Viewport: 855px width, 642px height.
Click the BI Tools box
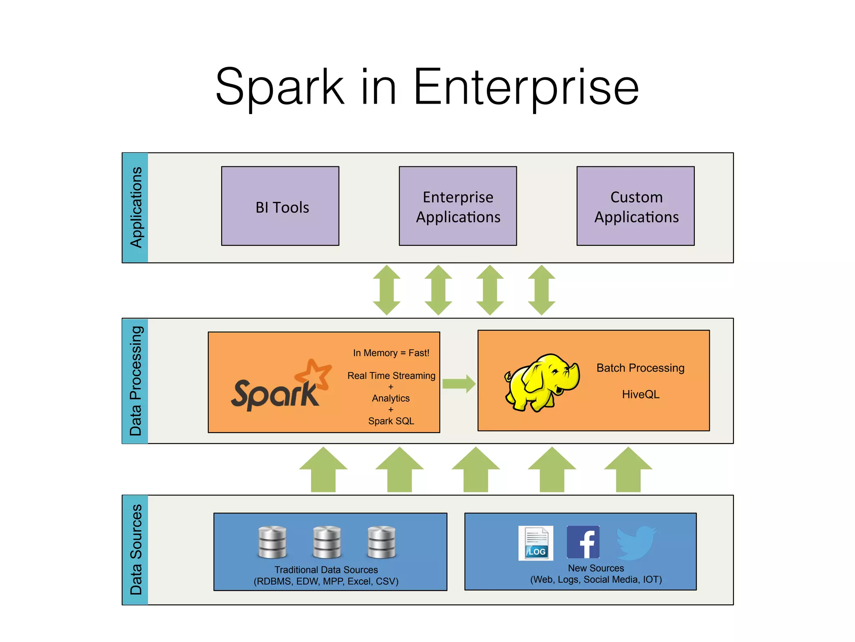[x=280, y=206]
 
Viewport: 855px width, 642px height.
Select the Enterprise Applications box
[x=458, y=206]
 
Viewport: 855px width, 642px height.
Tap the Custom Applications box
[x=635, y=206]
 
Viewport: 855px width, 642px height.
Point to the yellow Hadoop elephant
[x=541, y=382]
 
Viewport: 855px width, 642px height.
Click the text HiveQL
[x=640, y=395]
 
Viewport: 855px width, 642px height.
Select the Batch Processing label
[x=640, y=368]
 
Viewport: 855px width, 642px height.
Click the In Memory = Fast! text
[x=391, y=353]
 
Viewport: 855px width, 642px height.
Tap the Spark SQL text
[x=391, y=421]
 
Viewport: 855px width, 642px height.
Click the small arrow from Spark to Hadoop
[x=458, y=384]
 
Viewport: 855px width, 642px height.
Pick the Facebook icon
[x=583, y=542]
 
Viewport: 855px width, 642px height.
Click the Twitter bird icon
[x=636, y=543]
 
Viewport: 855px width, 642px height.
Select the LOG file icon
[x=536, y=543]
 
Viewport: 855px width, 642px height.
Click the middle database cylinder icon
[x=327, y=542]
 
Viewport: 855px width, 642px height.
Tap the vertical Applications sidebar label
[x=136, y=208]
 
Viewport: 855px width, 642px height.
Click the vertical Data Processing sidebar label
[x=136, y=381]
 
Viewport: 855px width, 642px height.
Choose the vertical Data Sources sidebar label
[x=136, y=550]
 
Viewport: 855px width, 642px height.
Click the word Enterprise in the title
[x=526, y=88]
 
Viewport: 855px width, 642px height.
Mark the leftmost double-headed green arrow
[x=387, y=290]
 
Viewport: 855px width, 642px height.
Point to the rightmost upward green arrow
[x=628, y=469]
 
